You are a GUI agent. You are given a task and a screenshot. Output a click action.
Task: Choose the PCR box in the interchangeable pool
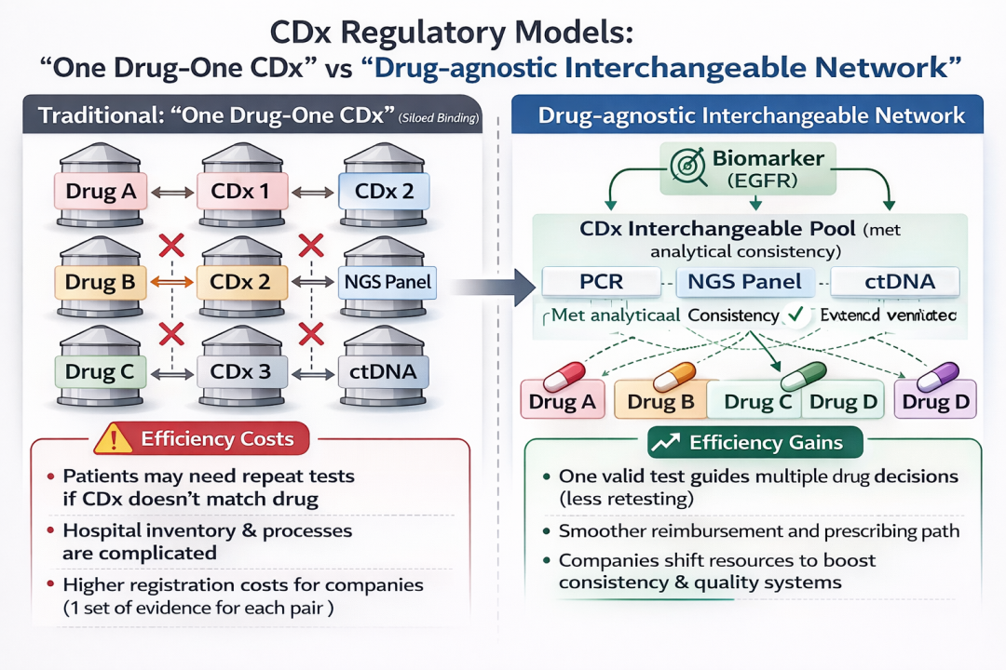point(592,280)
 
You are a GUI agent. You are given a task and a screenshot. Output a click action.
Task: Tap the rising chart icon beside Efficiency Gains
point(664,443)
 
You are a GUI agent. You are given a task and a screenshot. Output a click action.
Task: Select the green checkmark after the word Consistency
point(794,315)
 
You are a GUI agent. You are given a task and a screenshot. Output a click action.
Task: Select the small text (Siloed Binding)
point(437,118)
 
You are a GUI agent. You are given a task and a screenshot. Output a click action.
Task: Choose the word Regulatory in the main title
point(427,33)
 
